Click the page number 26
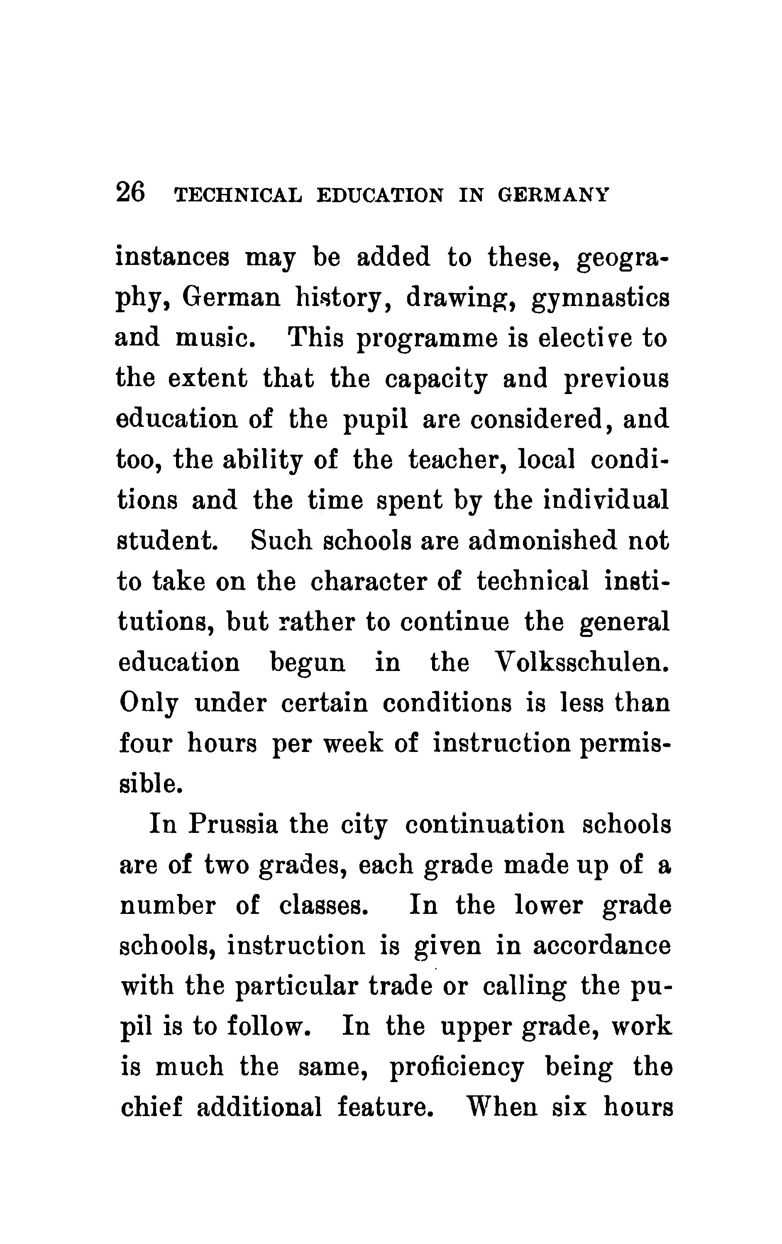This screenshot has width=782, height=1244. point(131,193)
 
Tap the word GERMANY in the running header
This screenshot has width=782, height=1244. point(554,195)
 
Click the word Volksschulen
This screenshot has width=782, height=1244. point(582,662)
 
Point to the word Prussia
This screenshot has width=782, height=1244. point(232,824)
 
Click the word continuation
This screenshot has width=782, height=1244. point(485,824)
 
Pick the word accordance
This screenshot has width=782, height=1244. point(602,945)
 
